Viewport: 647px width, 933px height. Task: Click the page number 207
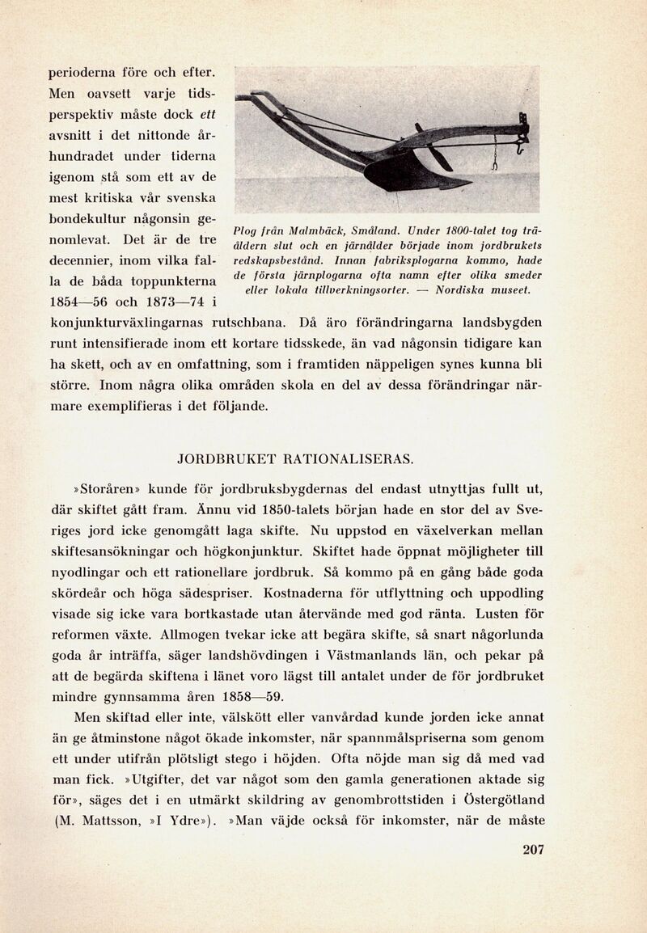coord(533,849)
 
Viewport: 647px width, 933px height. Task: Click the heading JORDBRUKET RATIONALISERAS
coord(295,459)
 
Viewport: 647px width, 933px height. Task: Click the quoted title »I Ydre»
coord(182,821)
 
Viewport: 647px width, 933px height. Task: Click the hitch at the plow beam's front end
coord(521,133)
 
